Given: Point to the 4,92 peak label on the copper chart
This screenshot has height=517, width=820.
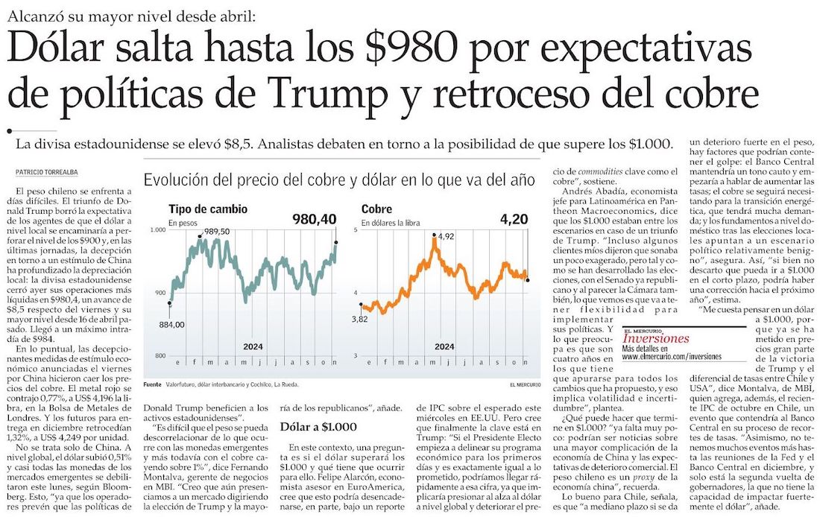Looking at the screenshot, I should click(x=446, y=237).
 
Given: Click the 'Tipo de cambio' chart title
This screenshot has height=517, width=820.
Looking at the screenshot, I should click(x=208, y=209).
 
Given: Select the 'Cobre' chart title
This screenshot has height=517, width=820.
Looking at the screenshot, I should click(x=376, y=209).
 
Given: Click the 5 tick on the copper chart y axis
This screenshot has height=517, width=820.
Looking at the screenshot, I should click(x=356, y=230).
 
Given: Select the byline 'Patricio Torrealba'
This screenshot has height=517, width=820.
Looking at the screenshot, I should click(x=48, y=172).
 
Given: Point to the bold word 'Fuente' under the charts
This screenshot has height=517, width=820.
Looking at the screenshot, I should click(x=153, y=384).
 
